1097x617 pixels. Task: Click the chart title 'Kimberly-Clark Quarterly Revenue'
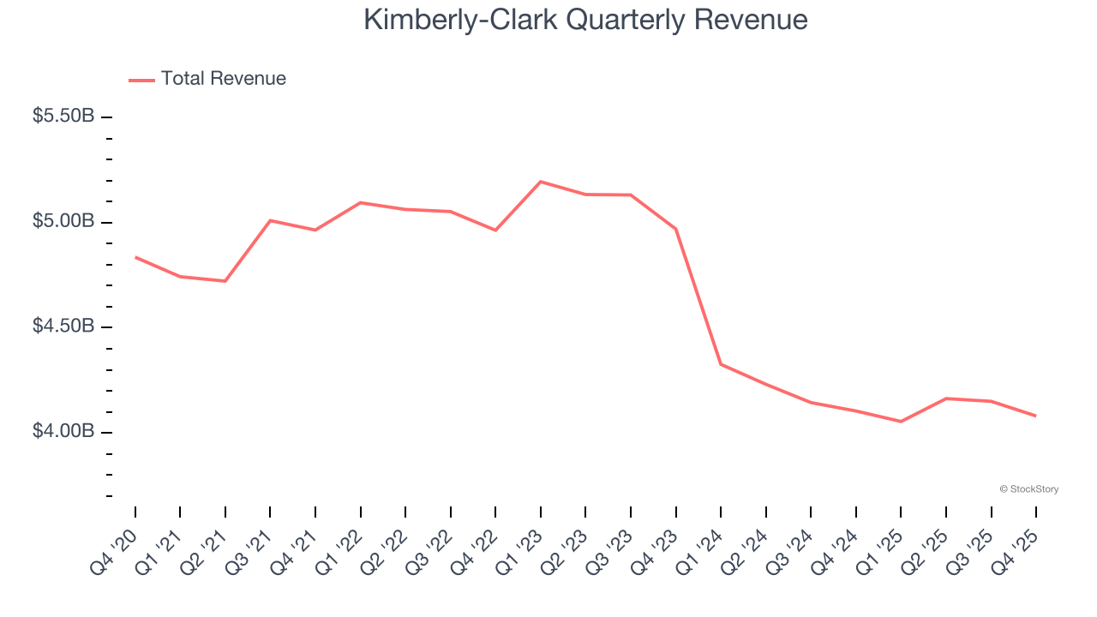585,20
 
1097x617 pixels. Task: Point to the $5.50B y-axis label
63,117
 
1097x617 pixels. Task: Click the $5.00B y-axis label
63,222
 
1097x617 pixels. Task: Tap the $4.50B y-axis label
63,326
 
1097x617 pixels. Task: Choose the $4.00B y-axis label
63,432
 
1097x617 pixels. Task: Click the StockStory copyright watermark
1028,489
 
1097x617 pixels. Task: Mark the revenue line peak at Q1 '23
541,182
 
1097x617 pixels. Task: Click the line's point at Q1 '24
721,364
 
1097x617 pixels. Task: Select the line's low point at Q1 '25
901,422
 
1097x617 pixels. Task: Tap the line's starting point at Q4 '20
135,257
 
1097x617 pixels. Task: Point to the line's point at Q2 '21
225,281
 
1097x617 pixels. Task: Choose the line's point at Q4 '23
676,229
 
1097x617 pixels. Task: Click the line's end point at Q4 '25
1036,416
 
